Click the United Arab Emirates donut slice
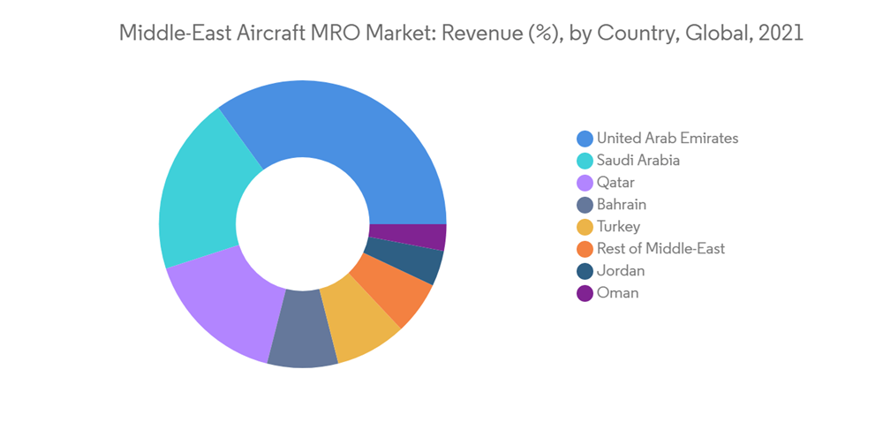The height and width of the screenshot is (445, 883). [353, 132]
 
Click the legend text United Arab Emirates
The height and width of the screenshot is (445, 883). [667, 138]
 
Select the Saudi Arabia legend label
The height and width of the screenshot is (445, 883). [638, 160]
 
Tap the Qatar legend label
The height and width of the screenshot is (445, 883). [615, 182]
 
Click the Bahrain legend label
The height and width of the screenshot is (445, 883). [621, 204]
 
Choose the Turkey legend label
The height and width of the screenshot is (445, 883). [618, 226]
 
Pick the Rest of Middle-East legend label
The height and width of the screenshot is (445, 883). [660, 248]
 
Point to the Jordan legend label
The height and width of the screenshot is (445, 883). [620, 270]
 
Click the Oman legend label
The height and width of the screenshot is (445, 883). [617, 292]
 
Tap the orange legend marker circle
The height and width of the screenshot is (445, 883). [585, 249]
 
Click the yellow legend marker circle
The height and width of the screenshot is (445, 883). [585, 227]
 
